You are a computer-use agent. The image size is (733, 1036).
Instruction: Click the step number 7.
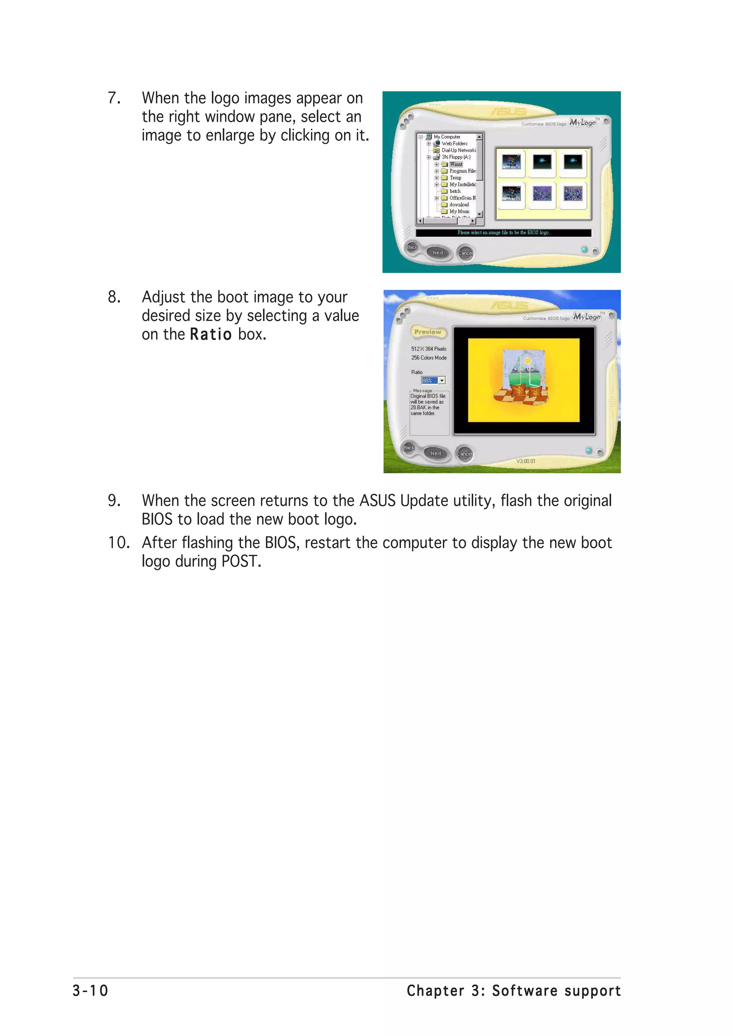(114, 98)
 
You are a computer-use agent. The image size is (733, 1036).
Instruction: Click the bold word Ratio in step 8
(210, 334)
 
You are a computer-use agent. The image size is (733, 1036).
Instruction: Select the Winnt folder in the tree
(456, 164)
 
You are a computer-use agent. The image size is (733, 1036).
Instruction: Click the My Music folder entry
(459, 211)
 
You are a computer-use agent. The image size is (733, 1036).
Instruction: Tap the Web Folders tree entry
(454, 143)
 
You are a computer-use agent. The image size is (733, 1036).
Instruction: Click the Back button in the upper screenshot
(412, 247)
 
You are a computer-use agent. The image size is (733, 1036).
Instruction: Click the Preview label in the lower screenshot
(427, 332)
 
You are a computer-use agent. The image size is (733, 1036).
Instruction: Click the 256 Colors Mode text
(429, 358)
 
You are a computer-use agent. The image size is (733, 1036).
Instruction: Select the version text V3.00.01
(526, 461)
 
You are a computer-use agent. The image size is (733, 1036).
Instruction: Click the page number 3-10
(90, 991)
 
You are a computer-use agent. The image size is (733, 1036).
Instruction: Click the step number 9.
(114, 501)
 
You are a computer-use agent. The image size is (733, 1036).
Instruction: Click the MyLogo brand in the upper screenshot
(583, 122)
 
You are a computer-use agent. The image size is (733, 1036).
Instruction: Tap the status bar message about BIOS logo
(503, 233)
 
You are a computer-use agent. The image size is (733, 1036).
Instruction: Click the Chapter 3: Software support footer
(514, 991)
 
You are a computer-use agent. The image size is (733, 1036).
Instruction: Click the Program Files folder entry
(462, 171)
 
